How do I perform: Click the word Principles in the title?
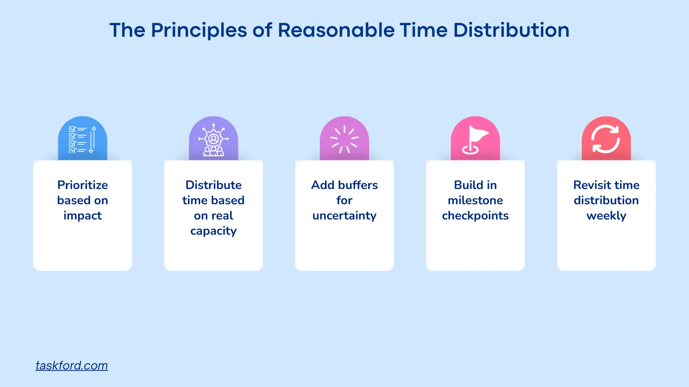[199, 30]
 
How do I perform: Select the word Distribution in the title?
[511, 30]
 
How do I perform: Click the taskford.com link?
[72, 365]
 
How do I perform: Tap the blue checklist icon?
[83, 139]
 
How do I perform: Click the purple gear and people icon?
[214, 139]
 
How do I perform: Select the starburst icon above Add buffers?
[344, 139]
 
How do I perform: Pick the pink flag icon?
[475, 139]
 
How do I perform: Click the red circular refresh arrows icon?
[606, 139]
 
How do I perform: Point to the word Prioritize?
[83, 185]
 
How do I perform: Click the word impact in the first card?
[83, 215]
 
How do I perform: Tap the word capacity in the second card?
[214, 231]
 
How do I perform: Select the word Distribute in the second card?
[214, 185]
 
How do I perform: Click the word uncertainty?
[344, 215]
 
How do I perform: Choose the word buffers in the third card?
[358, 185]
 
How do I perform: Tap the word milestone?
[475, 200]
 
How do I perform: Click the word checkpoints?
[475, 215]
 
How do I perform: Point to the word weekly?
[606, 215]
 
